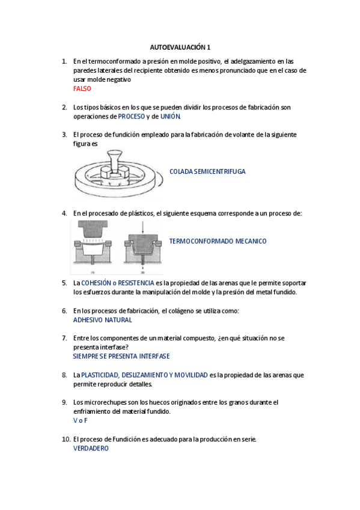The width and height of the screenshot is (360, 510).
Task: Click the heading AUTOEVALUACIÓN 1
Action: [180, 47]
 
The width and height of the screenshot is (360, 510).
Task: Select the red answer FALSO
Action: [82, 88]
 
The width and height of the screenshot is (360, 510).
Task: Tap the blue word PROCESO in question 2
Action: [131, 116]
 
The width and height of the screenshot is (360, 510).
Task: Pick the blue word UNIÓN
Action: [170, 116]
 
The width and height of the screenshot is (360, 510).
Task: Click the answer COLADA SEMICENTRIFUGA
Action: [207, 171]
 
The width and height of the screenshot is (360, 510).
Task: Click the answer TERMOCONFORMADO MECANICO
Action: [218, 241]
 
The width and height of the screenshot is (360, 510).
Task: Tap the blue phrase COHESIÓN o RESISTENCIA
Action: [117, 283]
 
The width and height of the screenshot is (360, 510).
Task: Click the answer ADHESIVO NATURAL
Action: [102, 320]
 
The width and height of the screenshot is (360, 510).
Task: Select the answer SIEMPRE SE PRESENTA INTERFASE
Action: [121, 356]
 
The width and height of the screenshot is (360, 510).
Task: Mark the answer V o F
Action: [80, 420]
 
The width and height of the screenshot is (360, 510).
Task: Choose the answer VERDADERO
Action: [91, 448]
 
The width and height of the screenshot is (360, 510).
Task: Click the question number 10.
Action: [66, 439]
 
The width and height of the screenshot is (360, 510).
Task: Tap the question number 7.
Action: [64, 338]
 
